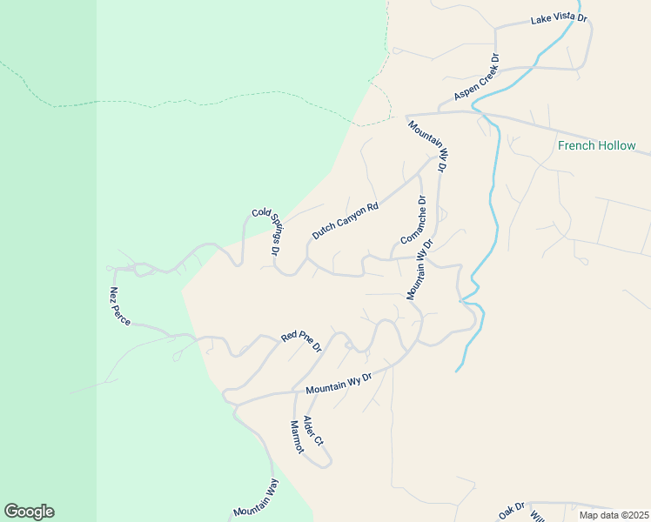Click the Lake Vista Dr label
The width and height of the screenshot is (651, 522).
[x=559, y=17]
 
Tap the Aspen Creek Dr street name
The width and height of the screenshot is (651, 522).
[x=475, y=79]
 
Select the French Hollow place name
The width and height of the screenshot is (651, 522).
[x=596, y=145]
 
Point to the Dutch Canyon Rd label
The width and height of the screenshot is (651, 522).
[x=346, y=222]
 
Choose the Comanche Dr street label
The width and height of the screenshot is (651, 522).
[x=413, y=220]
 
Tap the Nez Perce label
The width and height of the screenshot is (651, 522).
[x=120, y=306]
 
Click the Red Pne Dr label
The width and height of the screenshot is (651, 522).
[x=301, y=340]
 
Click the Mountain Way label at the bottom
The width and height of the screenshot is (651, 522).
[x=255, y=499]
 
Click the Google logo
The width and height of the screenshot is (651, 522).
[x=29, y=512]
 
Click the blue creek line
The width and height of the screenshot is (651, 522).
[x=493, y=200]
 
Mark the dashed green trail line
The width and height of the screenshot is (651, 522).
[x=218, y=97]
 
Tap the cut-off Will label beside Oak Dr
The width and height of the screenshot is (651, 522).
[x=537, y=514]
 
